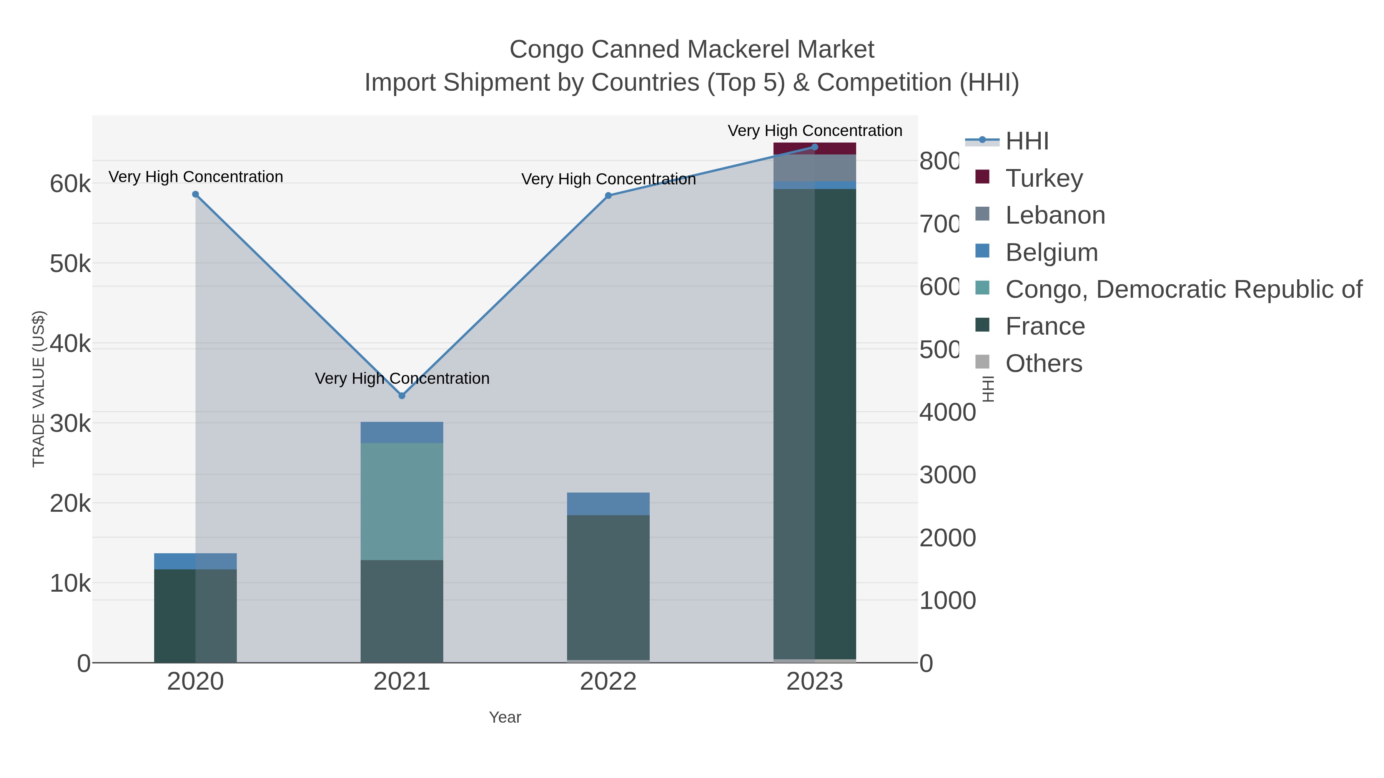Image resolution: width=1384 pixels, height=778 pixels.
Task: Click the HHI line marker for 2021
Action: coord(401,395)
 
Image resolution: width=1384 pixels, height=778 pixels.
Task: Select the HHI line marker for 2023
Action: coord(815,147)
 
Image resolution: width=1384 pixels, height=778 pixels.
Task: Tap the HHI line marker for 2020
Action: coord(196,194)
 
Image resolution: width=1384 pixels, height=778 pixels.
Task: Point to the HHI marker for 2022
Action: coord(608,196)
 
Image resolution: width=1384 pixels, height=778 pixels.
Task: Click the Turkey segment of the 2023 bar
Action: coord(815,149)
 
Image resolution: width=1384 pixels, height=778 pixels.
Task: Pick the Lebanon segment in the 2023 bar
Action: coord(815,168)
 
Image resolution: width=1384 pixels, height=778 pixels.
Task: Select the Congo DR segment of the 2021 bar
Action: coord(401,501)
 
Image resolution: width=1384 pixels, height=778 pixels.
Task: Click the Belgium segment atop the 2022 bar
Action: coord(608,504)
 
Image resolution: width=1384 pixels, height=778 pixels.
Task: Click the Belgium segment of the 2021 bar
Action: coord(401,432)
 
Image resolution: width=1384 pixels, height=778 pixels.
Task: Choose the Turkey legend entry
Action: coord(1044,178)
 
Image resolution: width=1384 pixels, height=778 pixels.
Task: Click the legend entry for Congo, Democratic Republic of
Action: coord(1183,289)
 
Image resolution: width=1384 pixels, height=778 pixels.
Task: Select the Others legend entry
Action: coord(1043,363)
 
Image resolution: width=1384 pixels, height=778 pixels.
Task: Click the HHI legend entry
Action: coord(1026,141)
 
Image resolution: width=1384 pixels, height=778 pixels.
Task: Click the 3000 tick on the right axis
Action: coord(947,475)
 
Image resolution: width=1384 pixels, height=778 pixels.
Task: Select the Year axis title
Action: coord(504,717)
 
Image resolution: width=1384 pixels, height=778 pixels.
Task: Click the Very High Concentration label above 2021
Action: coord(402,378)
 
